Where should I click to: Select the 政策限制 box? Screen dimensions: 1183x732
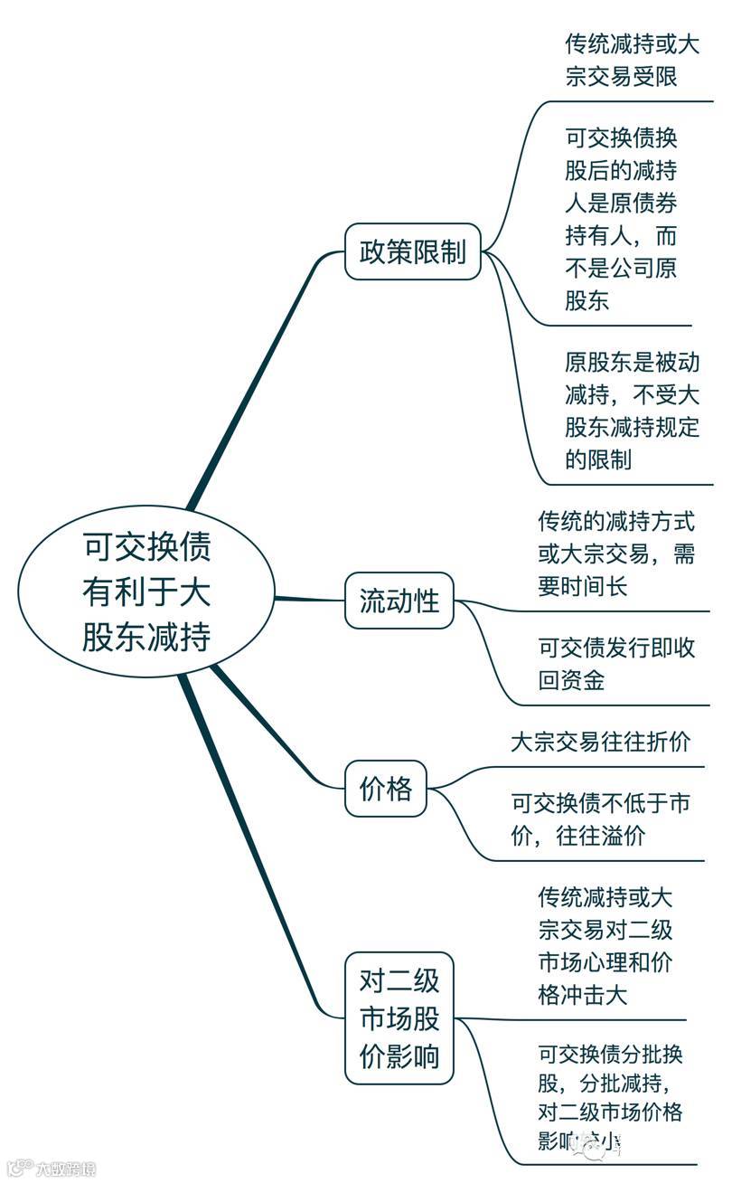413,251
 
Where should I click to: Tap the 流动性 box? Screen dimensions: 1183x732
399,601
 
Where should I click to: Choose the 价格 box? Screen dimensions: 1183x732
386,789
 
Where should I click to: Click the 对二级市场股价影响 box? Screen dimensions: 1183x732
399,1018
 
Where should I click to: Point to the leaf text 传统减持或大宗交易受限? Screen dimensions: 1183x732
632,60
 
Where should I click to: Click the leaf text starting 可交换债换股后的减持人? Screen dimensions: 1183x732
621,219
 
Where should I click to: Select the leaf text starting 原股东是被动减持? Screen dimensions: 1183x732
632,411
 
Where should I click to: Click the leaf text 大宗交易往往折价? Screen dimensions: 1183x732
600,743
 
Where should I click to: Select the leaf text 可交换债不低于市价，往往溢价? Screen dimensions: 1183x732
600,819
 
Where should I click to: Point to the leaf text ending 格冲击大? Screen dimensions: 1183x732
605,947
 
